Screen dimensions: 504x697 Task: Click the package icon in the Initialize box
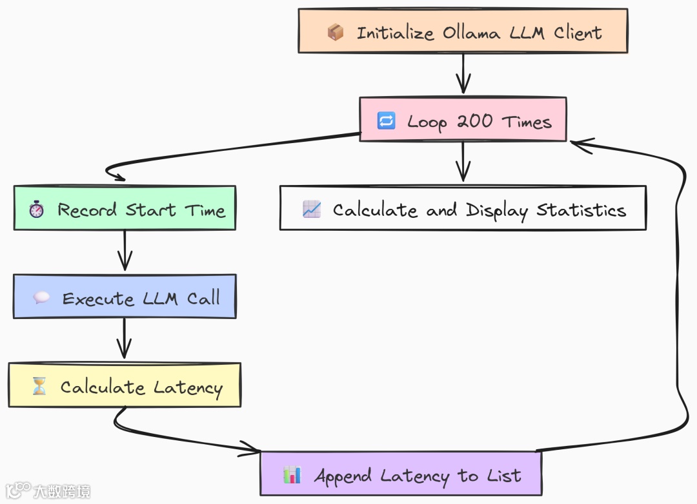pos(335,32)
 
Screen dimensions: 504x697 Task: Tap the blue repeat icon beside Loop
pos(386,121)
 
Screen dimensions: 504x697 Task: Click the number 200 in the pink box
pos(475,121)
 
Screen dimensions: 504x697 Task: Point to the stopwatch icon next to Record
pos(37,209)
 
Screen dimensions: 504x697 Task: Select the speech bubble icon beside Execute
pos(41,298)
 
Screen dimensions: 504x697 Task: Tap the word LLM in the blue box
pos(158,298)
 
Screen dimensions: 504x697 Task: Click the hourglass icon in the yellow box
pos(39,387)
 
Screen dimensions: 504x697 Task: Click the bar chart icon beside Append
pos(292,476)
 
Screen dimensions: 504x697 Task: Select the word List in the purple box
pos(505,476)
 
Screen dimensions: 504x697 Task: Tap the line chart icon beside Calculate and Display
pos(312,209)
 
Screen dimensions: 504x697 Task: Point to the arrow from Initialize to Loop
pos(463,74)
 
